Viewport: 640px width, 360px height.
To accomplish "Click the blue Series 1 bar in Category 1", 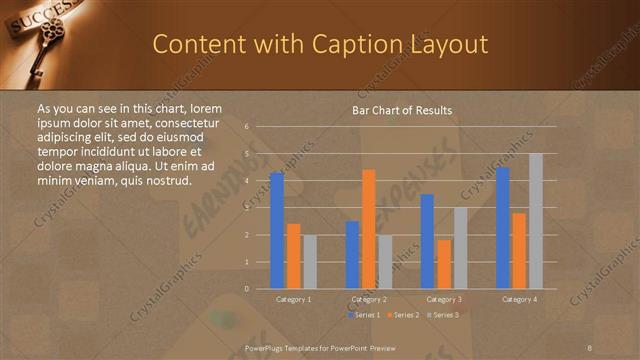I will (x=277, y=231).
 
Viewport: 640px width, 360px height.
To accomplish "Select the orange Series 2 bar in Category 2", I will (x=369, y=229).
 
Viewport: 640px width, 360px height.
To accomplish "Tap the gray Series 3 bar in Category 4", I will (x=536, y=221).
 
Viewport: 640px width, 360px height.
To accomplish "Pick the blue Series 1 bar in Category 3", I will (x=427, y=241).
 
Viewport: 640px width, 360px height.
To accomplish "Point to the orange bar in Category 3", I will (x=444, y=264).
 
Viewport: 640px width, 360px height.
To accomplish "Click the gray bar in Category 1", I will (x=310, y=262).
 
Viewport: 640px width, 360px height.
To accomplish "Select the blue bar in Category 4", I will (x=503, y=228).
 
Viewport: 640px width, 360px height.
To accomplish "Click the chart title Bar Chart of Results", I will (x=402, y=110).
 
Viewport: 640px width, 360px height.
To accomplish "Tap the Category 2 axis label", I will (x=369, y=299).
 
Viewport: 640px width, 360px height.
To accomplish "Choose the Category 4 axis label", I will (x=519, y=299).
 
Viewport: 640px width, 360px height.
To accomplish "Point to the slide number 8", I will (x=590, y=346).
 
